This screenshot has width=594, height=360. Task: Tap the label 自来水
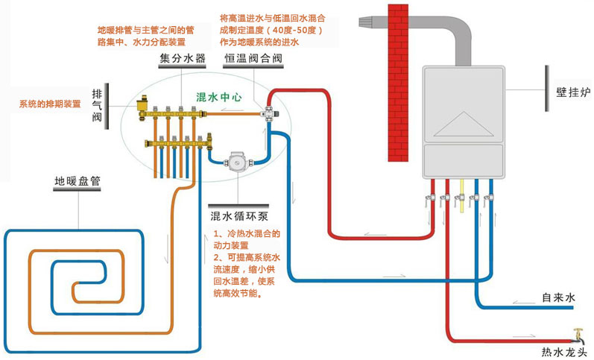(x=559, y=297)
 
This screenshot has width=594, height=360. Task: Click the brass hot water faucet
(x=576, y=335)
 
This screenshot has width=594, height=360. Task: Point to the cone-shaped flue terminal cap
(x=367, y=22)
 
